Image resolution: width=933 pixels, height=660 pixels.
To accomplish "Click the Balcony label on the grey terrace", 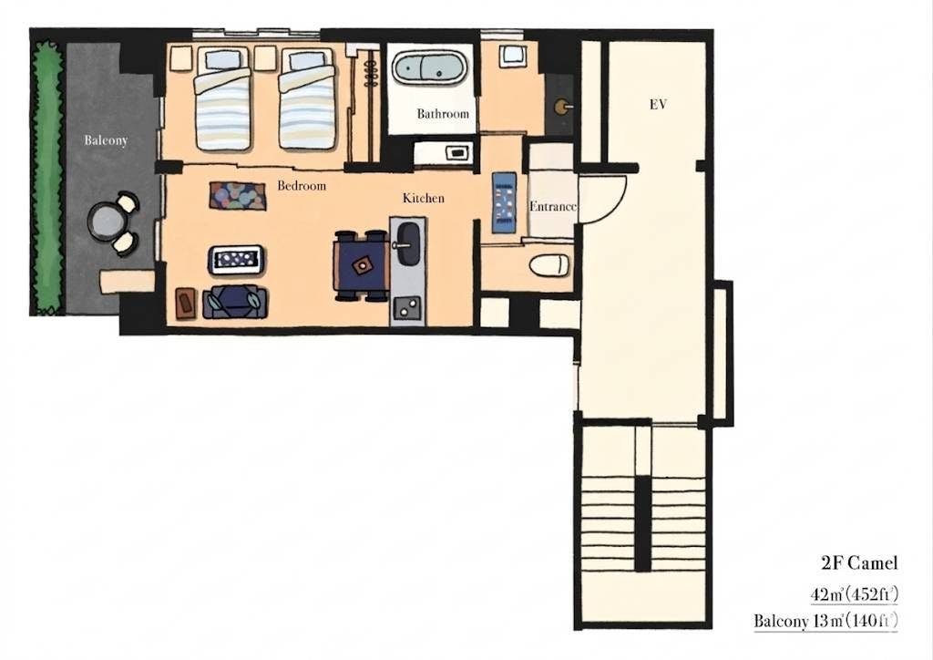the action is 106,140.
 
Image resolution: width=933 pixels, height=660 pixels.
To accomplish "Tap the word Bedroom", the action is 302,186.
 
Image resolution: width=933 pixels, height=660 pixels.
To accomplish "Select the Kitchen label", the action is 423,198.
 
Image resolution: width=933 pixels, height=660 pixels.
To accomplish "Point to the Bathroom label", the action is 443,113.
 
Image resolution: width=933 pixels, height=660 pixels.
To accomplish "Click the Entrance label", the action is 553,207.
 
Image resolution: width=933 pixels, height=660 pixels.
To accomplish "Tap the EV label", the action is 658,105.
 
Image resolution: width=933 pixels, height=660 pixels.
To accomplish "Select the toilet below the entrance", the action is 549,265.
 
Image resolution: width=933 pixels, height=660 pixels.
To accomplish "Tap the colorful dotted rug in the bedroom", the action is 238,196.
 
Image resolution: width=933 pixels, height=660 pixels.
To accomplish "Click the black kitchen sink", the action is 408,243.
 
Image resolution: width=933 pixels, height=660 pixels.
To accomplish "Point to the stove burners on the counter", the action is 407,308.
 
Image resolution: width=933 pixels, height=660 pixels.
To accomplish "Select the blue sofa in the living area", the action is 235,302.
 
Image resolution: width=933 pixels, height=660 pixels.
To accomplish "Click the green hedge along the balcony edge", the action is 48,178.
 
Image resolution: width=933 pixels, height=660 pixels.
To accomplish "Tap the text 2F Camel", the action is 859,562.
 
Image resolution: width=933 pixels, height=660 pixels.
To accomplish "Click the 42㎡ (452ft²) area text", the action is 854,594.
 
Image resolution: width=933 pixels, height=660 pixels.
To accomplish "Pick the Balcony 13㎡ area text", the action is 825,622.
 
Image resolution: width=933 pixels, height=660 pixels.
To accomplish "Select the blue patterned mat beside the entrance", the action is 504,202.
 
